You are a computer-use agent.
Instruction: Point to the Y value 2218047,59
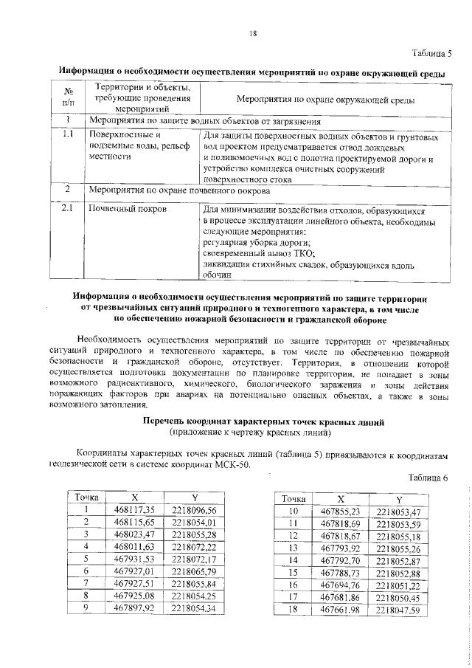click(x=398, y=610)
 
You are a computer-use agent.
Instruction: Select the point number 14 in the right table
click(x=292, y=560)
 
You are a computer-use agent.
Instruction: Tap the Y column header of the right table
click(x=398, y=500)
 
